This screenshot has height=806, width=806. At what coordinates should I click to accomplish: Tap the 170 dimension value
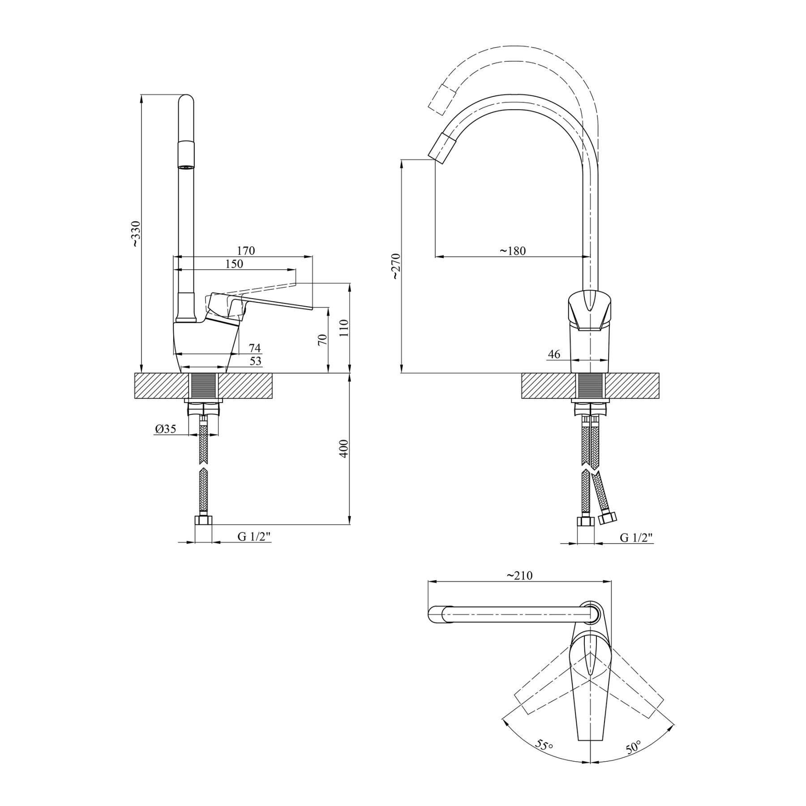coord(246,251)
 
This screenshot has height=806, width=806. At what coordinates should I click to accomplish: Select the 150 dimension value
coord(234,264)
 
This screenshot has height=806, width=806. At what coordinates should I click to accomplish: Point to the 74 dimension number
coord(255,348)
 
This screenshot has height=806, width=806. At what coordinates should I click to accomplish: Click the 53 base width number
coord(255,361)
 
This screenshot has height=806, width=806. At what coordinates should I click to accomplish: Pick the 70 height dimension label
coord(322,339)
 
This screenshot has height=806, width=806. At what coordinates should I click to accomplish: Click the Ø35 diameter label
coord(165,429)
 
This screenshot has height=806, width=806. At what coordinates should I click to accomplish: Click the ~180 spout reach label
coord(513,251)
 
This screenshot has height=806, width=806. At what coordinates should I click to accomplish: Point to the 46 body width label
coord(554,354)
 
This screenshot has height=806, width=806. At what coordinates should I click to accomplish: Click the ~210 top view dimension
coord(520,575)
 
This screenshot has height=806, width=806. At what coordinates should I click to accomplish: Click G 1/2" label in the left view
coord(254,537)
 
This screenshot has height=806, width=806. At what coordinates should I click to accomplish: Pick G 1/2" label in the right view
coord(636,537)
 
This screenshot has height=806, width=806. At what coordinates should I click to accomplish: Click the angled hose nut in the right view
coord(607,519)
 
